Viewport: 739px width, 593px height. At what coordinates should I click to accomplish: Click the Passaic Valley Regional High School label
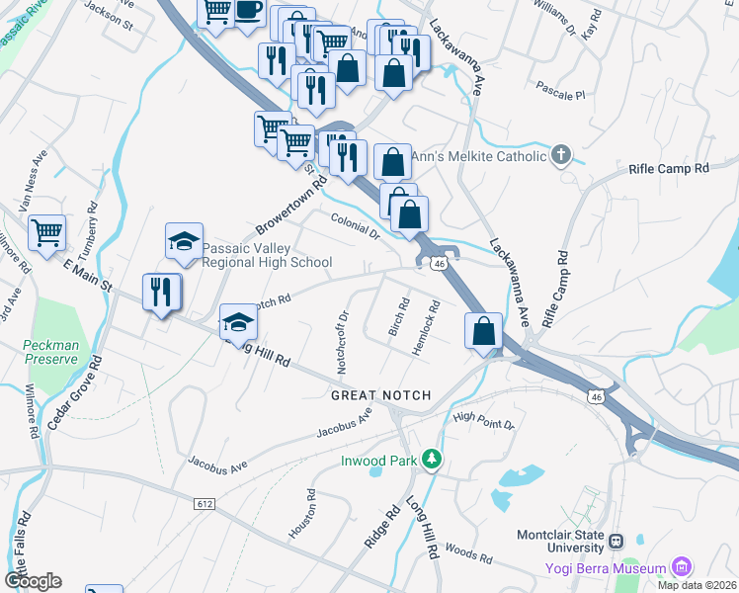(267, 254)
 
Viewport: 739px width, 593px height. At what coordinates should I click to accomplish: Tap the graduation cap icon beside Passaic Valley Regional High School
(184, 241)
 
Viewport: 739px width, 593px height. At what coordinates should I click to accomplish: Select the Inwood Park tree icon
(431, 459)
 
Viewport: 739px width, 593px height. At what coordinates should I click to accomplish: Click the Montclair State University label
(560, 541)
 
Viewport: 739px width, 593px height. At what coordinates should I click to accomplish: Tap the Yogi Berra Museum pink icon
(681, 567)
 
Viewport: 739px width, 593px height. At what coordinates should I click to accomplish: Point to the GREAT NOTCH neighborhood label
(381, 395)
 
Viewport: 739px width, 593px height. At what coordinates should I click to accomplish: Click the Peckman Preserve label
(51, 352)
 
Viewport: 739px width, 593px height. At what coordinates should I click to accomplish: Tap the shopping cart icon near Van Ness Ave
(46, 233)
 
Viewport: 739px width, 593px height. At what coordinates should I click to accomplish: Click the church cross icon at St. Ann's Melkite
(561, 154)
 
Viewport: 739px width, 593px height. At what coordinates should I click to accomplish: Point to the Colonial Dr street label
(356, 227)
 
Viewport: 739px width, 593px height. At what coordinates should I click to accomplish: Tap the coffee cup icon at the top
(248, 11)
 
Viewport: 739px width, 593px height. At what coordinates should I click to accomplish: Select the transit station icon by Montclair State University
(617, 542)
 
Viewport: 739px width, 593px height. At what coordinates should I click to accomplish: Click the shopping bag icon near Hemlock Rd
(483, 331)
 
